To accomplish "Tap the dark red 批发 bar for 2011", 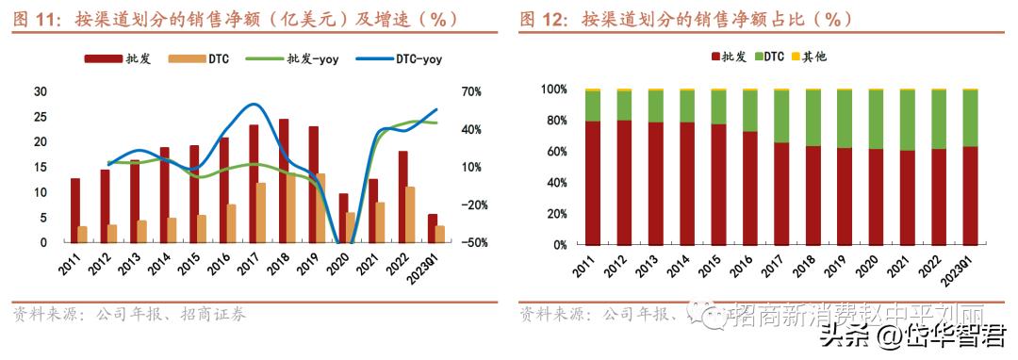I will click(x=75, y=210).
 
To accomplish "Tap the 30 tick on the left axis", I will click(x=40, y=91).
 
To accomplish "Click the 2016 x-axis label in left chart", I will click(x=221, y=263).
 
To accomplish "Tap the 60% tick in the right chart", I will click(x=554, y=151).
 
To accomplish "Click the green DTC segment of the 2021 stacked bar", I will click(x=908, y=121).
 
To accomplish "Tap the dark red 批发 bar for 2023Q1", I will click(x=433, y=228).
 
